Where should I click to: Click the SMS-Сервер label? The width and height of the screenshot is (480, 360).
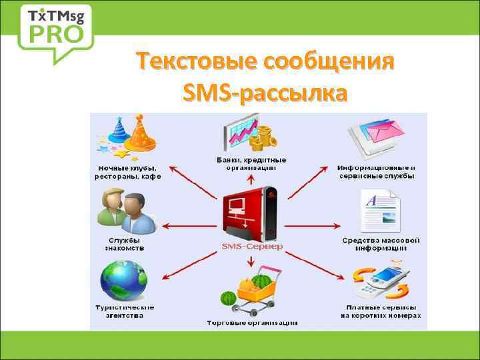pos(252,246)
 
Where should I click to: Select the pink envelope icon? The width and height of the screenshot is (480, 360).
pos(379,133)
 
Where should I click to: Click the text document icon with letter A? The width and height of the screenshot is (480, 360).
pos(381,208)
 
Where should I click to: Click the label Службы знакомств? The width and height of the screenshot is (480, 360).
pos(124,244)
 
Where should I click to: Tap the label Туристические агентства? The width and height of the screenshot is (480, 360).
pos(125,311)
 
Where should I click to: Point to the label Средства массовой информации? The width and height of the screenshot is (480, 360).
pos(381,244)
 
